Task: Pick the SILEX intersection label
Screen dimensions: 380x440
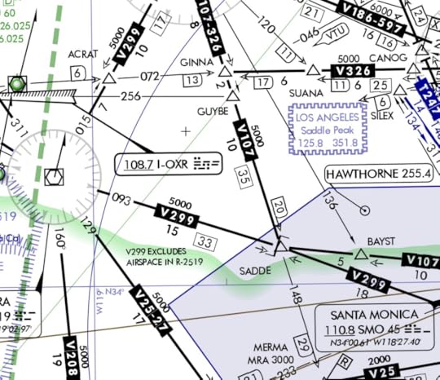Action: (x=381, y=115)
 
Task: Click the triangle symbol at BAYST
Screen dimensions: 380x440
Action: (x=361, y=255)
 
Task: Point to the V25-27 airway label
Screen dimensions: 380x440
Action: (x=152, y=312)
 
